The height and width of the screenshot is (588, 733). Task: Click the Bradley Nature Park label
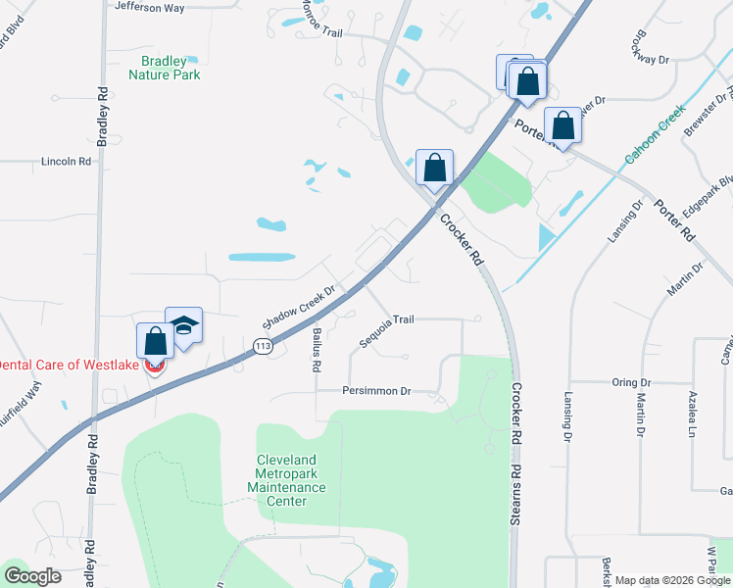point(165,68)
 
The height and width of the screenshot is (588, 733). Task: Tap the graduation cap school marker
point(183,326)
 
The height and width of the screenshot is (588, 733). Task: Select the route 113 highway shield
point(262,346)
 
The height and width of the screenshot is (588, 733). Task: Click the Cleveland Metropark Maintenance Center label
point(286,480)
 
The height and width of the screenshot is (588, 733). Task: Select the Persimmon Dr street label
point(376,391)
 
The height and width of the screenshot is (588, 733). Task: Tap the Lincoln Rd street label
point(66,161)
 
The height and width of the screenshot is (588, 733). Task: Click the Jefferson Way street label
point(149,7)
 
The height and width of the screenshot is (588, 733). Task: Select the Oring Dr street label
point(631,382)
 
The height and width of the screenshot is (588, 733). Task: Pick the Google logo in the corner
point(33,576)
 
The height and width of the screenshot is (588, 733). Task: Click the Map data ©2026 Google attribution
point(672,580)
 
